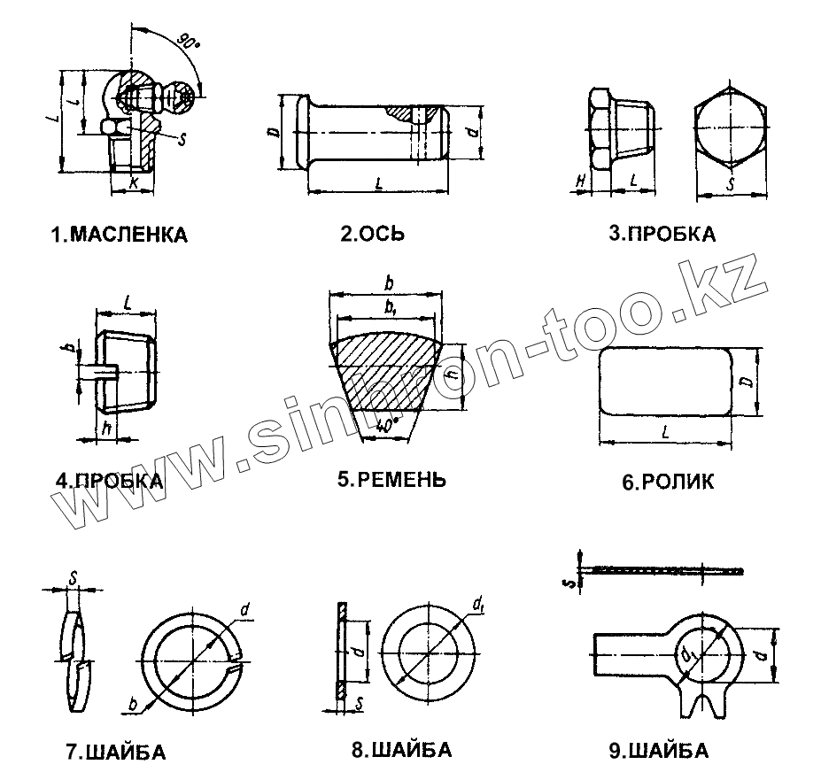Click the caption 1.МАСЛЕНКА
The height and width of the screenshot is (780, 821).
pyautogui.click(x=120, y=236)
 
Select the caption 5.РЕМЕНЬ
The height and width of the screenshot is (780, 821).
pyautogui.click(x=391, y=480)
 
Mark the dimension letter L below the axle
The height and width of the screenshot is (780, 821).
pyautogui.click(x=378, y=182)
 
